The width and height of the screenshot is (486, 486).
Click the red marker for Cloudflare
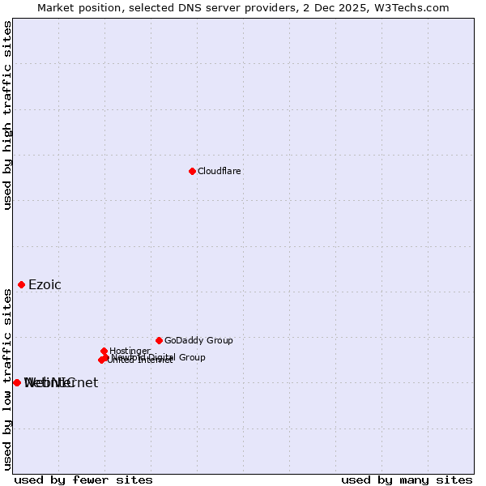(x=192, y=171)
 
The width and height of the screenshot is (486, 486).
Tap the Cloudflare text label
(x=220, y=171)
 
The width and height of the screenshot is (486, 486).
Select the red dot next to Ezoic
(x=21, y=284)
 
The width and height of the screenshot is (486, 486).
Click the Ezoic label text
(x=45, y=284)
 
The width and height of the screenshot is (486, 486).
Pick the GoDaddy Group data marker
(x=159, y=340)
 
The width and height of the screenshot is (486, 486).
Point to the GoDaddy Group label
(x=198, y=340)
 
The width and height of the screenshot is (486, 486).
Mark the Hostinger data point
(x=104, y=351)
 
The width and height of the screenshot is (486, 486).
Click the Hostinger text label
(x=130, y=351)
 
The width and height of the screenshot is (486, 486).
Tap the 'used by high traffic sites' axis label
(x=7, y=115)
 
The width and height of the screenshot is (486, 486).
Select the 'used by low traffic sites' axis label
(x=7, y=378)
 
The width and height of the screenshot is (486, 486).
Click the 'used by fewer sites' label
(x=83, y=480)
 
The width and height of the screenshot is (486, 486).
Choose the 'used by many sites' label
(x=407, y=480)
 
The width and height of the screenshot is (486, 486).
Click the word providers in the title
(x=280, y=7)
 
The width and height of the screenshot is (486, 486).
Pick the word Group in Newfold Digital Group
(x=192, y=357)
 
